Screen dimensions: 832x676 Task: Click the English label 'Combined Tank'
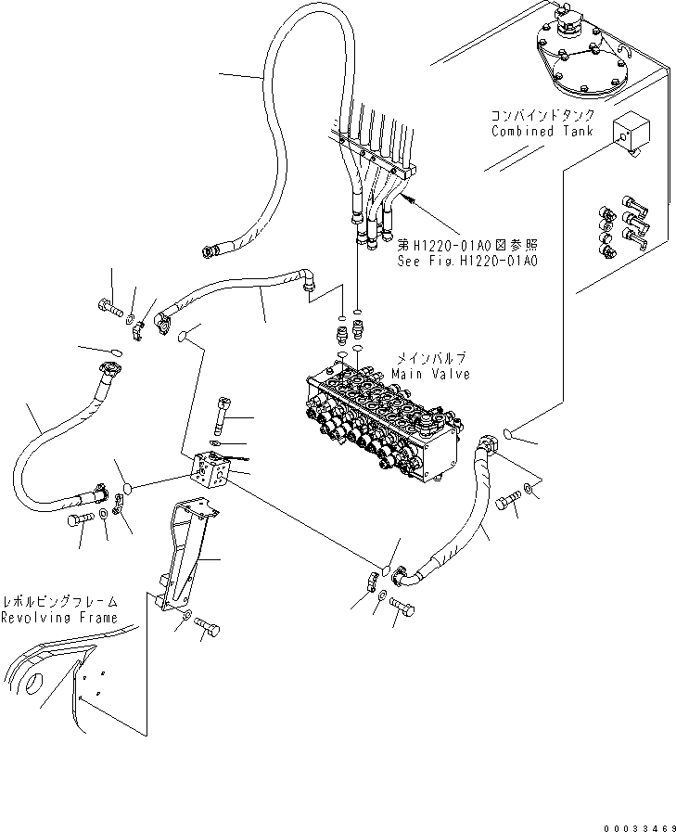click(x=535, y=131)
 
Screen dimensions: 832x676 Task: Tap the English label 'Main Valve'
click(x=430, y=374)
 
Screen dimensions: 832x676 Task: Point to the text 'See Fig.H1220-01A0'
click(x=467, y=261)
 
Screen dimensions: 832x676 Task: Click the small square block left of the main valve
click(x=210, y=470)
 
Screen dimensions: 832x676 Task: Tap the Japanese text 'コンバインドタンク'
click(x=535, y=116)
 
